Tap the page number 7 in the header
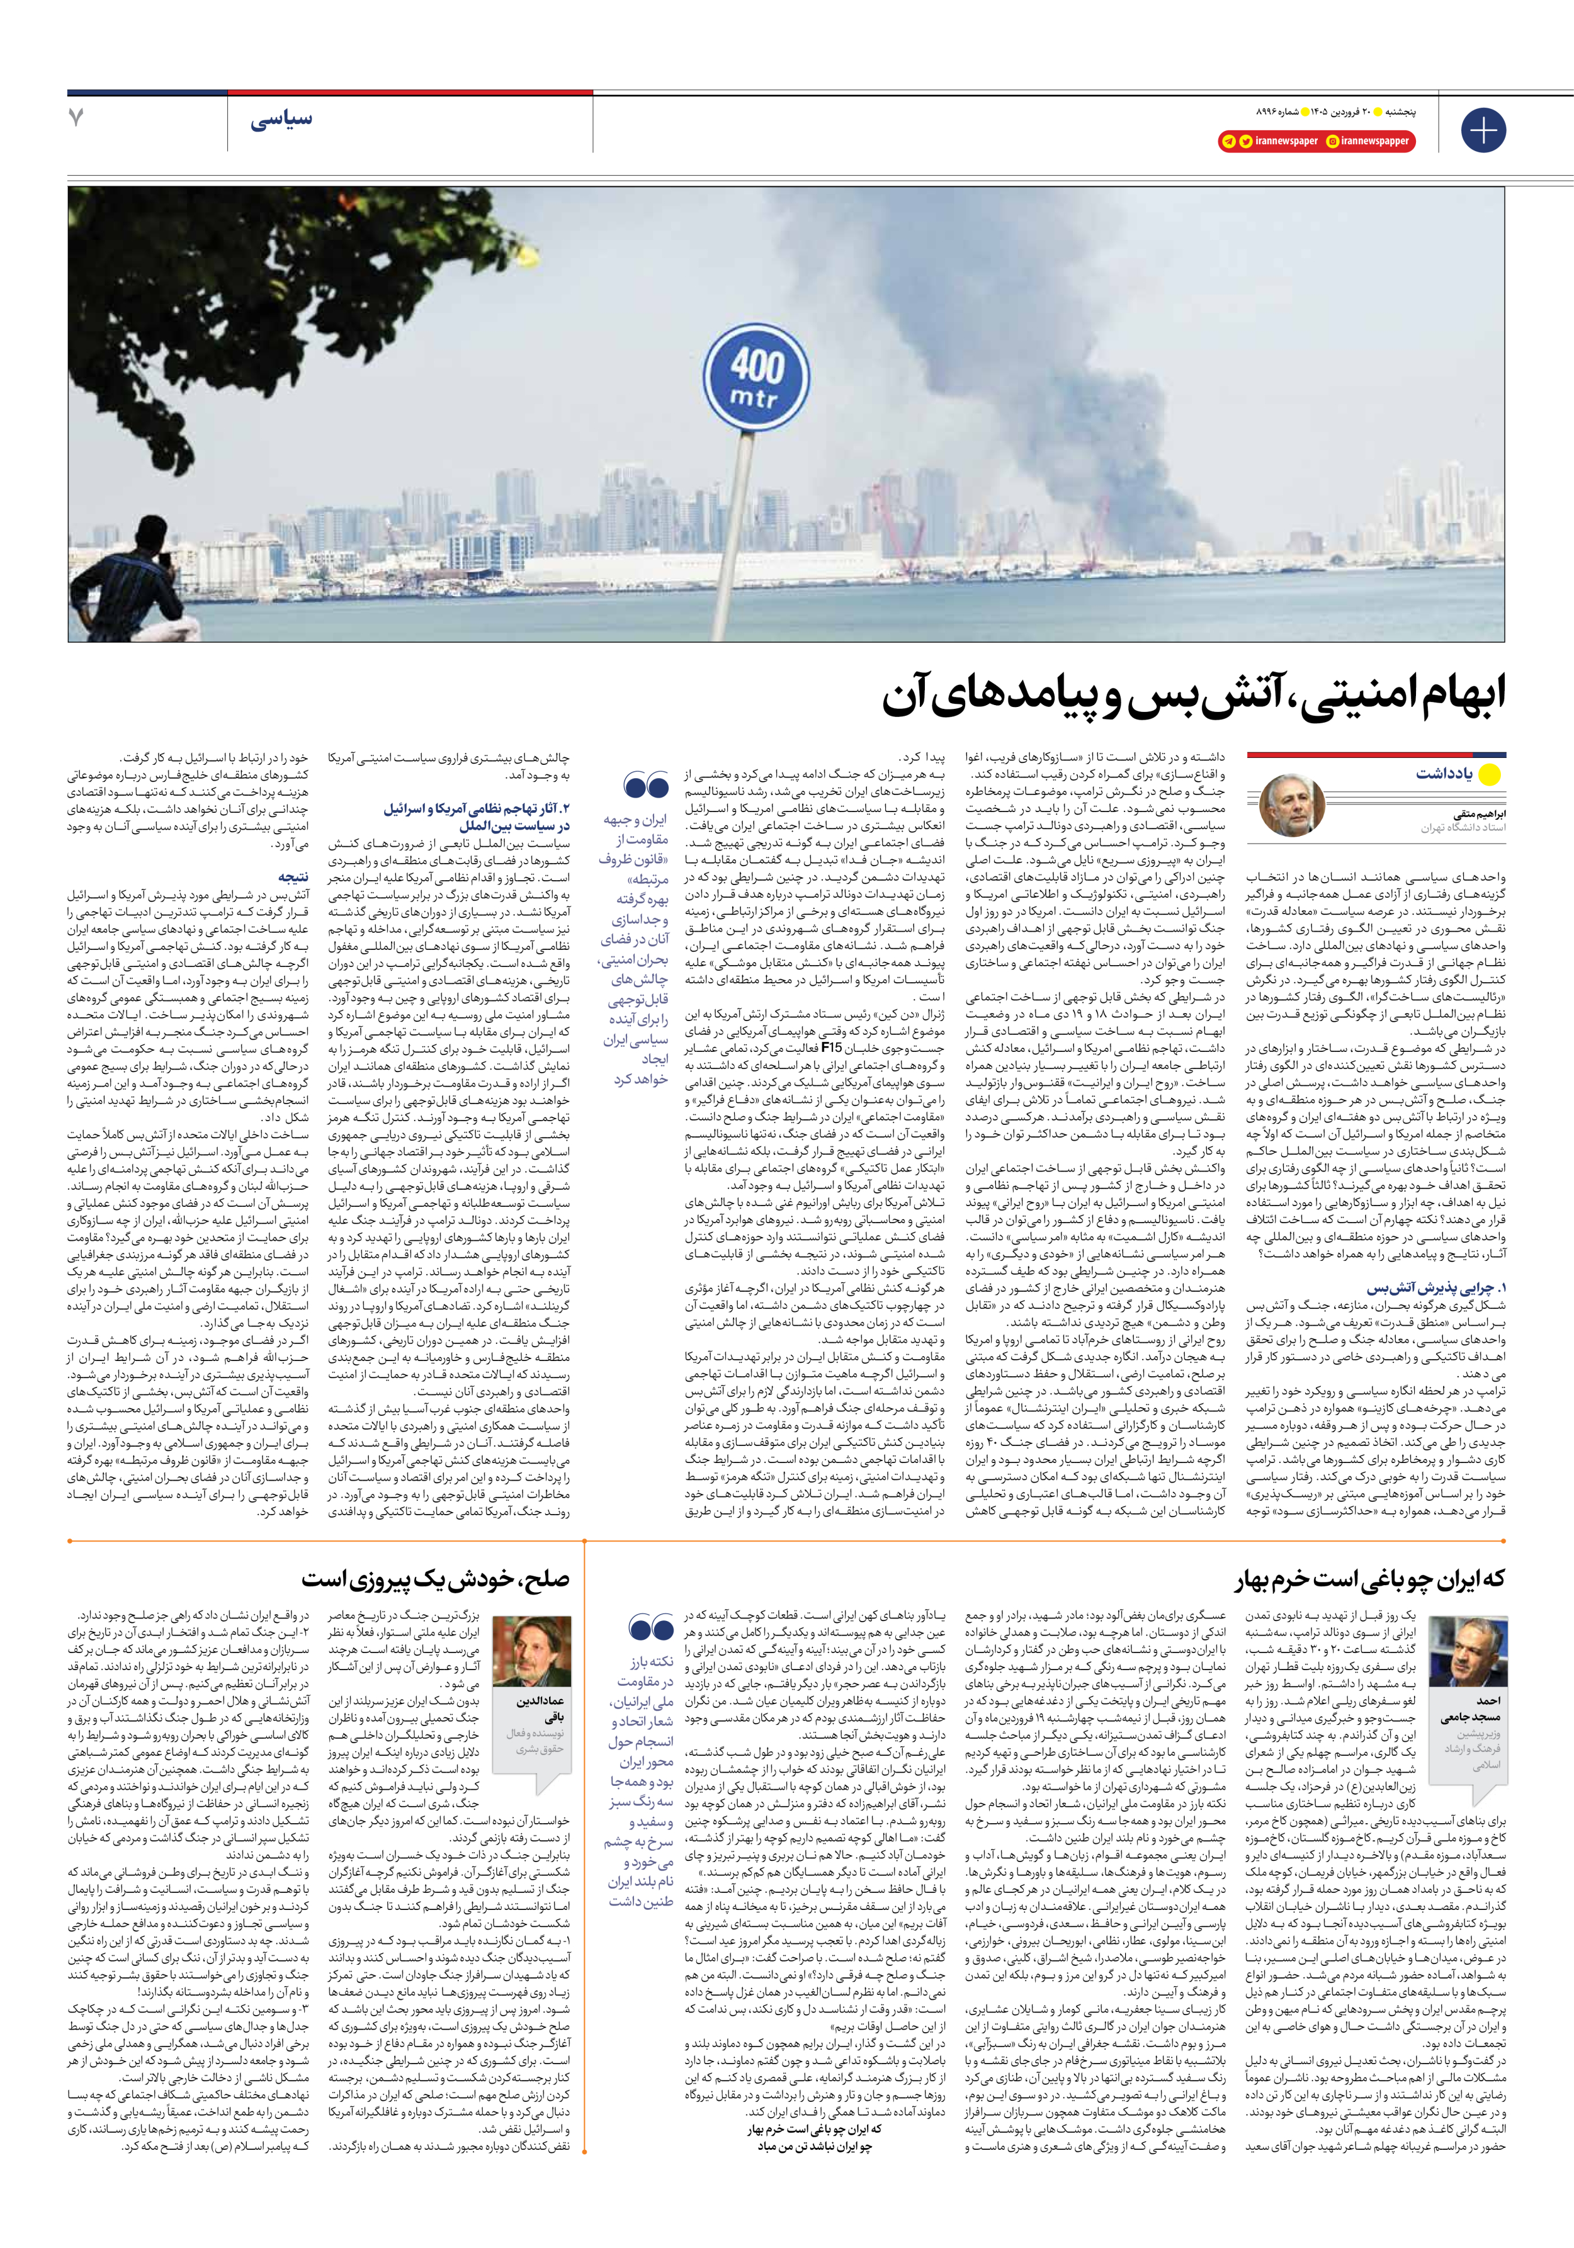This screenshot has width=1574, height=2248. (x=76, y=118)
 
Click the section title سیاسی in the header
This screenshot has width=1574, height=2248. (x=281, y=120)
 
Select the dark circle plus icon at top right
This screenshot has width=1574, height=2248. (x=1483, y=129)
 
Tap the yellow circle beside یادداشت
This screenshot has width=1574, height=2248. (x=1489, y=774)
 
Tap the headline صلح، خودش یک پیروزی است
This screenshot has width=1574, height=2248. (x=435, y=1579)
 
